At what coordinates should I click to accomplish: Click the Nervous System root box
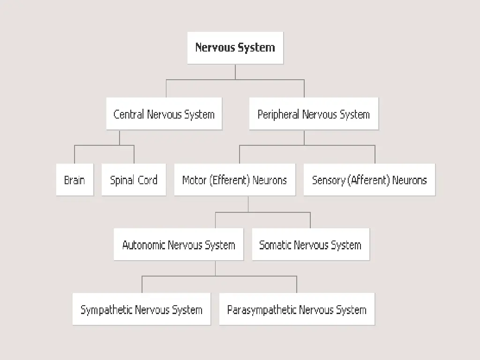click(x=235, y=48)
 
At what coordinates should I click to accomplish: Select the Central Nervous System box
click(x=164, y=114)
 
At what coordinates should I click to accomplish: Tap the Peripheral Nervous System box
click(x=314, y=114)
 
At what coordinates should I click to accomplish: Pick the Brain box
click(x=75, y=180)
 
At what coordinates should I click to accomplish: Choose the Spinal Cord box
click(x=134, y=180)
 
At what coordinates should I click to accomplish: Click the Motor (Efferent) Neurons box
click(x=234, y=180)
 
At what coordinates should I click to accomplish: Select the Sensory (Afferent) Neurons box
click(x=369, y=180)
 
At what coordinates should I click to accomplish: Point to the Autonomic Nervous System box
click(x=179, y=245)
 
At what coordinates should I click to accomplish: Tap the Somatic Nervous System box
click(x=310, y=245)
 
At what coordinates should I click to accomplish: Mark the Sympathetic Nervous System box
click(x=141, y=309)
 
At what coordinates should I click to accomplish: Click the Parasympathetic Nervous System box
click(x=297, y=309)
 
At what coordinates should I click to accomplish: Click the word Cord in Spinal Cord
click(x=147, y=180)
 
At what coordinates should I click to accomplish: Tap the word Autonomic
click(x=144, y=245)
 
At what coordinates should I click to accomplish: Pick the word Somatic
click(x=275, y=245)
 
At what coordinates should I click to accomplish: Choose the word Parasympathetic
click(x=262, y=310)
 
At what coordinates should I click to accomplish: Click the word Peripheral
click(x=279, y=114)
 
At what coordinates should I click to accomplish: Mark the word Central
click(x=129, y=114)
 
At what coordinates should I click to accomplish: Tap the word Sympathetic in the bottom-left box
click(x=106, y=310)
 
